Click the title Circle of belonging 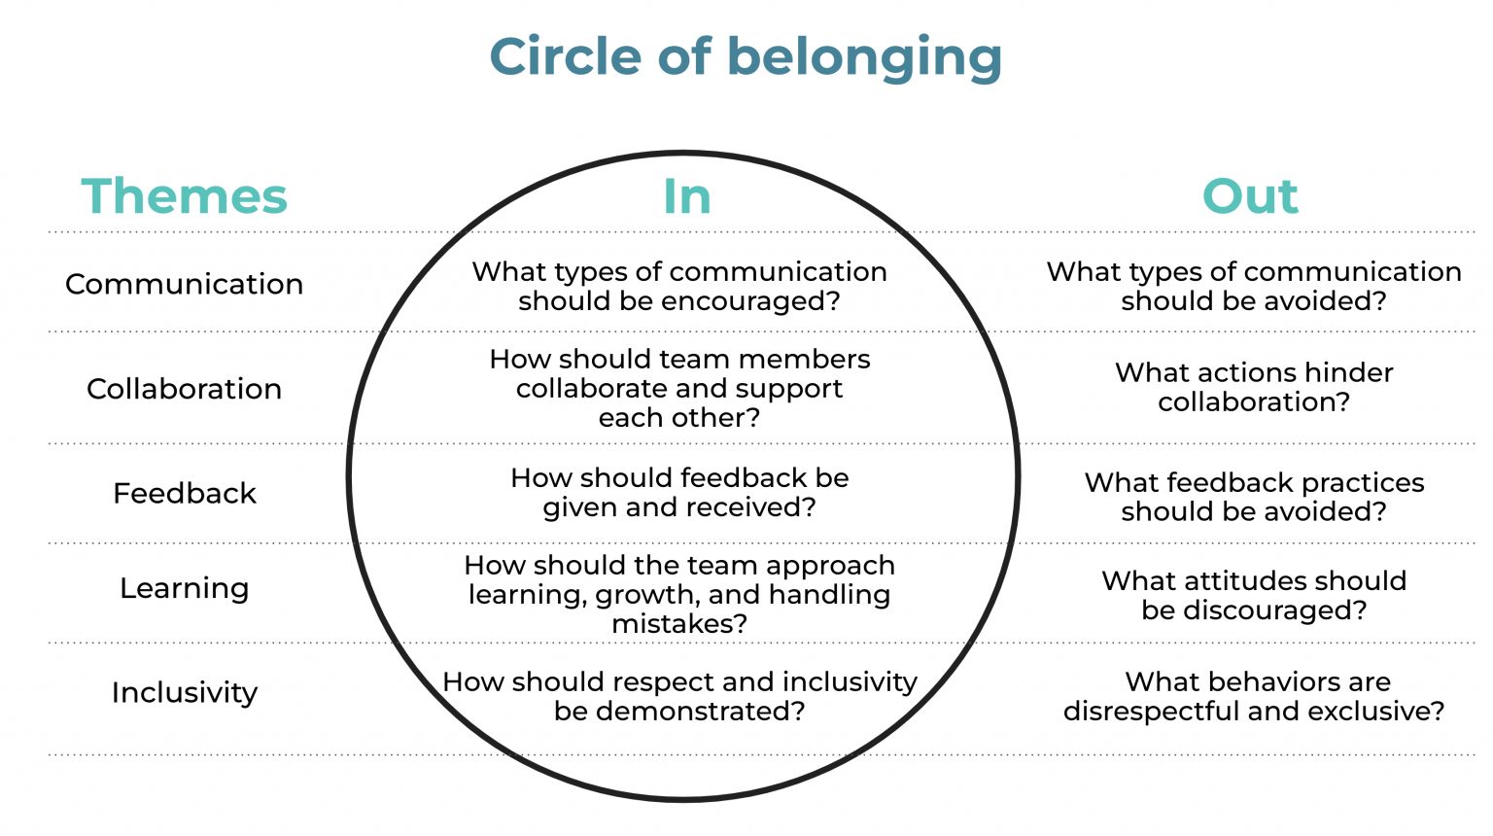click(746, 56)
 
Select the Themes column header click(185, 196)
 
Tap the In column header click(686, 196)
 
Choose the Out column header click(1250, 196)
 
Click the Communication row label click(184, 284)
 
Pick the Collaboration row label click(184, 389)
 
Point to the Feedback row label click(184, 494)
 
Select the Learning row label click(184, 588)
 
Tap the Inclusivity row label click(184, 692)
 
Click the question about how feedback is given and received click(679, 493)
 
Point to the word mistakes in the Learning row click(679, 623)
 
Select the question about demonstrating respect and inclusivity click(679, 696)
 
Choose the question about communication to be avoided click(1254, 286)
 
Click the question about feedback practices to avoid click(1254, 497)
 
